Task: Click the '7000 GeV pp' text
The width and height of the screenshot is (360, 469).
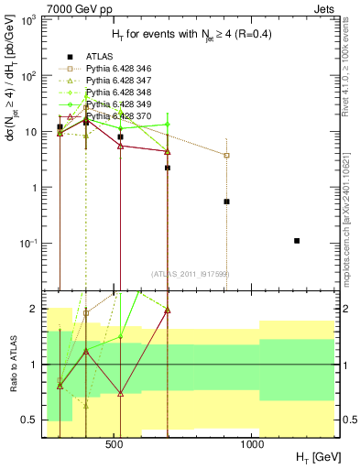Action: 71,7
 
